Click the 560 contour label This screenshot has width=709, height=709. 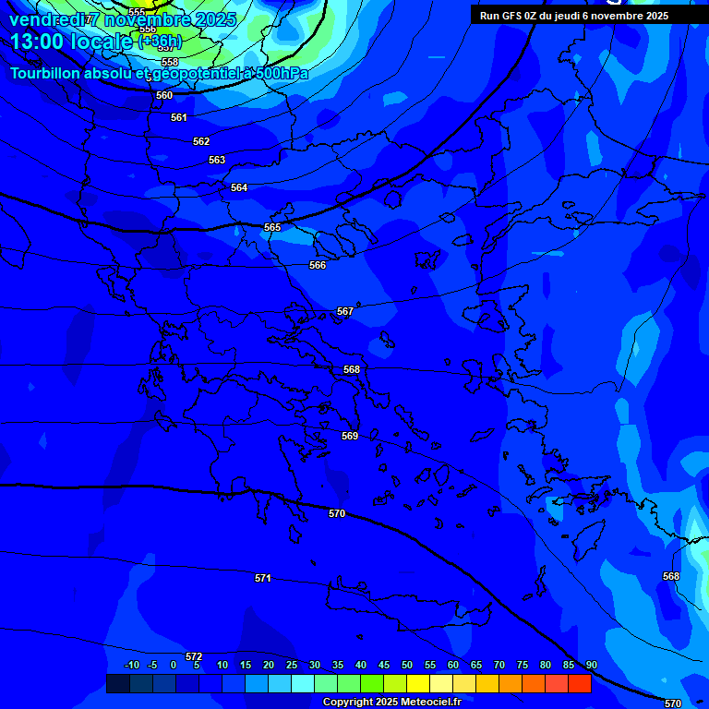coord(164,95)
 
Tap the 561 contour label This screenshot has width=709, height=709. coord(179,117)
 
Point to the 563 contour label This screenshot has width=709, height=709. coord(217,160)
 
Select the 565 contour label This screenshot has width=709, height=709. coord(272,227)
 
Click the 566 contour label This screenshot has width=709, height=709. coord(318,265)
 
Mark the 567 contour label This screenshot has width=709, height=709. coord(345,311)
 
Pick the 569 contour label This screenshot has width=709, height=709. coord(350,436)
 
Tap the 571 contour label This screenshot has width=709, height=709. coord(263,578)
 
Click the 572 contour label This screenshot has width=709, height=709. coord(194,656)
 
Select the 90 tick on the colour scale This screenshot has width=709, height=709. coord(591,665)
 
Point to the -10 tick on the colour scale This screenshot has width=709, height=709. coord(131,665)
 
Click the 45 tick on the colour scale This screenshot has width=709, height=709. coord(384,665)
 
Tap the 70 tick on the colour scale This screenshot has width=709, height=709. coord(499,665)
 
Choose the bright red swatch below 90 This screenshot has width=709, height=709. coord(580,683)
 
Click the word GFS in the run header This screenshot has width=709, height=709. coord(512,16)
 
